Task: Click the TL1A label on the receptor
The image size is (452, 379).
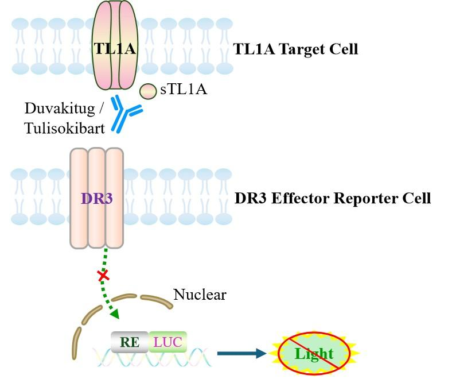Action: [x=115, y=48]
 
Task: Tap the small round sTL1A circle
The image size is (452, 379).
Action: [x=148, y=91]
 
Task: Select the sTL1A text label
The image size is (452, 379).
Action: [x=184, y=89]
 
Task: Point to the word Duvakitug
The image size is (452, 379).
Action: [x=60, y=109]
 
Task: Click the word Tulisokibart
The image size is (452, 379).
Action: [x=65, y=128]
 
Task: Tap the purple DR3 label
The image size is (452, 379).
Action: [x=97, y=198]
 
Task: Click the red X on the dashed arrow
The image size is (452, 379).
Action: [x=103, y=276]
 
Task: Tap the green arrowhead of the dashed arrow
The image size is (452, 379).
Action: [x=115, y=314]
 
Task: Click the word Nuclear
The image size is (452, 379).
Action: [x=200, y=295]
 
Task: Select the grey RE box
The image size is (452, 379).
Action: [x=130, y=342]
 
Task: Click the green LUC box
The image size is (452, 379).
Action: [x=167, y=342]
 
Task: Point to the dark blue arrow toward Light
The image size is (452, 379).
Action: [x=241, y=353]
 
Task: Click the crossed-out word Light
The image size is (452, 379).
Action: [x=314, y=354]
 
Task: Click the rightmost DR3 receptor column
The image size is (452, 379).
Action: [x=115, y=198]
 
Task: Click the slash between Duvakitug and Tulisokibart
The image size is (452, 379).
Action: [x=100, y=109]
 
